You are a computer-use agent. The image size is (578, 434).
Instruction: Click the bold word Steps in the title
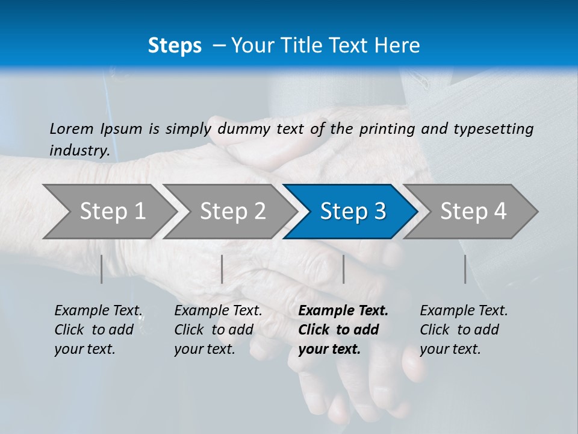(175, 46)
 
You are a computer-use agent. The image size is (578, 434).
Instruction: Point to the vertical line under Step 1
(102, 269)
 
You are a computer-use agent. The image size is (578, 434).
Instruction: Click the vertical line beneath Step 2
(222, 269)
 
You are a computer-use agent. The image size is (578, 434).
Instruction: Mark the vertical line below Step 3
(343, 269)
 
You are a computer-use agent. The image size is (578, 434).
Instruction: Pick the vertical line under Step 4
(465, 269)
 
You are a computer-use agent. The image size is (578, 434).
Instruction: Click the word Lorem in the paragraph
(72, 128)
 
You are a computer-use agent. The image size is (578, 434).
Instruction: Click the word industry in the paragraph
(79, 151)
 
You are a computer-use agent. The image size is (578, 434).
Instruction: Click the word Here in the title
(400, 46)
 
